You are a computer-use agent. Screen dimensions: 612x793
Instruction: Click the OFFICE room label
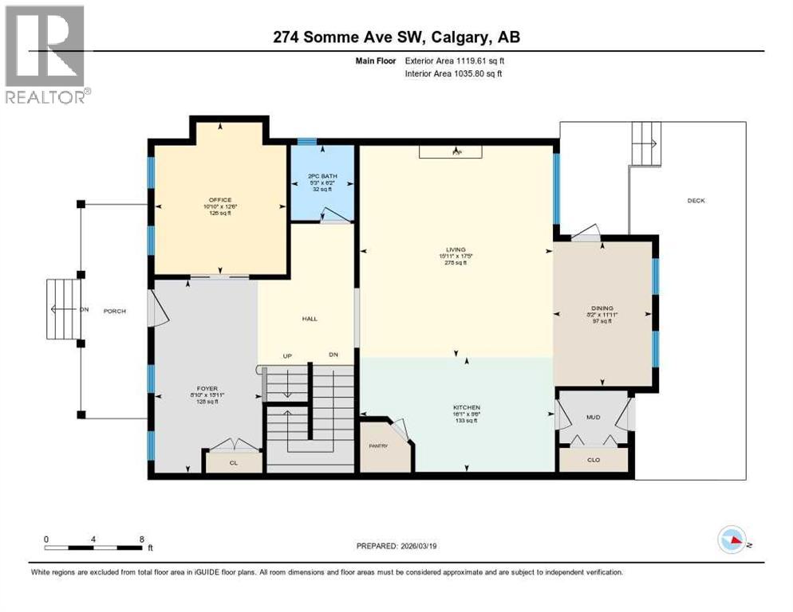pyautogui.click(x=219, y=200)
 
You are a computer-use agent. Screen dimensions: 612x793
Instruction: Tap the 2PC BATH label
pyautogui.click(x=319, y=176)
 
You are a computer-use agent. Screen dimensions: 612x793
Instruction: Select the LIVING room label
pyautogui.click(x=456, y=249)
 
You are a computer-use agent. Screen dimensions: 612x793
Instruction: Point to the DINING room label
pyautogui.click(x=604, y=308)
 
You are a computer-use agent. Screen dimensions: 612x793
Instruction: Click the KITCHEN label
pyautogui.click(x=456, y=407)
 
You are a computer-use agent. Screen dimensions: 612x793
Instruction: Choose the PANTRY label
pyautogui.click(x=378, y=445)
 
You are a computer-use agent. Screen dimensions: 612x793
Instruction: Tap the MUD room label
pyautogui.click(x=593, y=417)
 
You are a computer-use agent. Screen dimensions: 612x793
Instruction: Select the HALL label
pyautogui.click(x=310, y=319)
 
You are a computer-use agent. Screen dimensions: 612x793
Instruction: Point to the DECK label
pyautogui.click(x=696, y=201)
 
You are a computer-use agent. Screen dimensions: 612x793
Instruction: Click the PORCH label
pyautogui.click(x=115, y=311)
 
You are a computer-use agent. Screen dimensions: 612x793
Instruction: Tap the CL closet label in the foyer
pyautogui.click(x=232, y=462)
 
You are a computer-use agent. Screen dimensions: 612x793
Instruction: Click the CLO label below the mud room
pyautogui.click(x=594, y=460)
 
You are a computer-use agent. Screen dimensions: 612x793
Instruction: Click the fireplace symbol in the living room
pyautogui.click(x=456, y=151)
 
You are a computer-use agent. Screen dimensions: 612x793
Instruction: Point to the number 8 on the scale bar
pyautogui.click(x=142, y=539)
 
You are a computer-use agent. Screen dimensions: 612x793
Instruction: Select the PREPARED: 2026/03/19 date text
pyautogui.click(x=397, y=546)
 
